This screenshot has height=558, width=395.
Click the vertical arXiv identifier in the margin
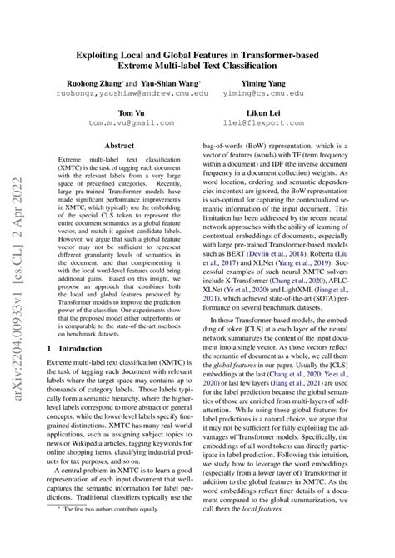point(16,250)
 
